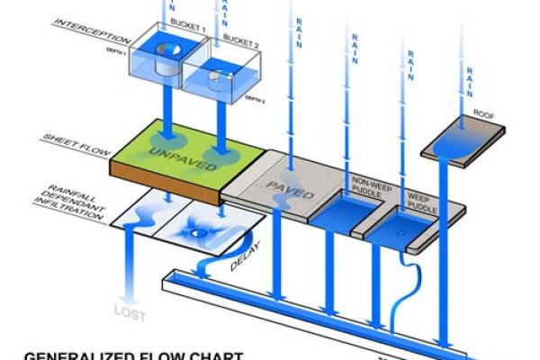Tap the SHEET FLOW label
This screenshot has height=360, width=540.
pyautogui.click(x=72, y=141)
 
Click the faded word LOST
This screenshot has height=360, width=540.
pyautogui.click(x=127, y=314)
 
